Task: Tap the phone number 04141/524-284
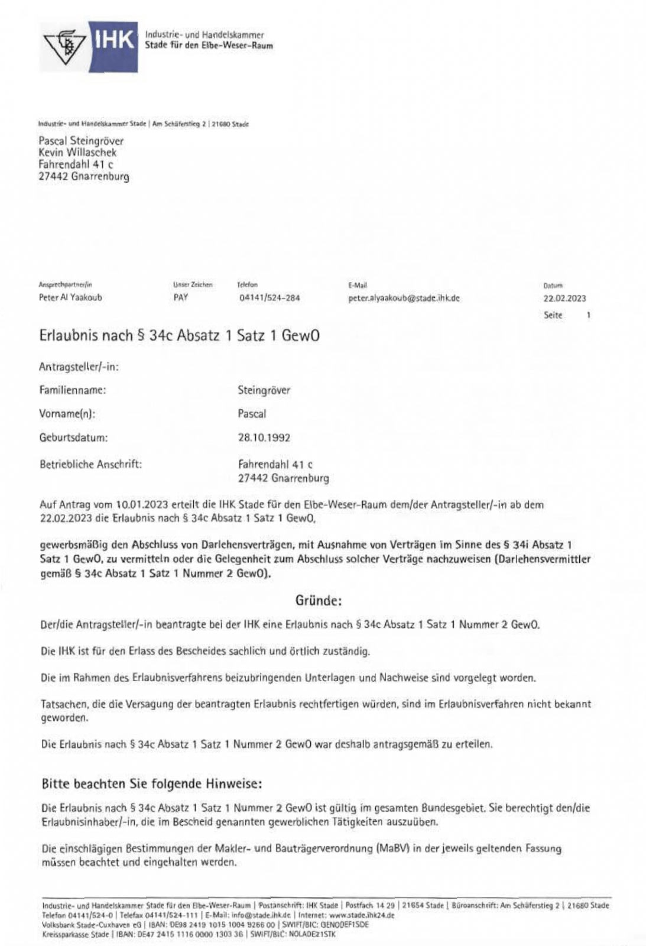269,298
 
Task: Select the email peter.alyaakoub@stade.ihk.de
404,298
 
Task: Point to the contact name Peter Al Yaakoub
70,298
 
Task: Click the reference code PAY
181,298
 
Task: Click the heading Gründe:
318,601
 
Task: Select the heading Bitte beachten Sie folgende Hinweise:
152,784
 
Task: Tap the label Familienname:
73,390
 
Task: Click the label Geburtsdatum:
74,438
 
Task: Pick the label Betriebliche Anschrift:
90,464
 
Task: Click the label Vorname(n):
67,414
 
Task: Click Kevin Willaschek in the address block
77,153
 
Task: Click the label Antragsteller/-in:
79,367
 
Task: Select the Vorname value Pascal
252,414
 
